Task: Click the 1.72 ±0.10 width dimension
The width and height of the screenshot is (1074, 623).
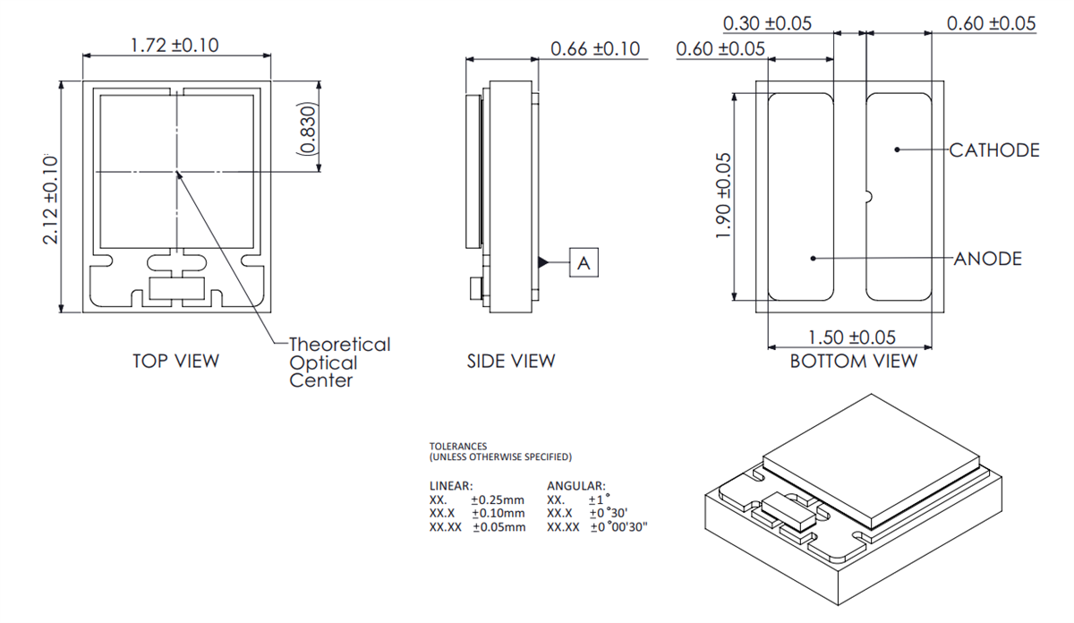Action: [x=175, y=45]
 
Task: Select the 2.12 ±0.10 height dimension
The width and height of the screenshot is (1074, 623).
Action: [x=50, y=199]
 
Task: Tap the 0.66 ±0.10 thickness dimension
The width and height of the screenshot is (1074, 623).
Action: [x=595, y=48]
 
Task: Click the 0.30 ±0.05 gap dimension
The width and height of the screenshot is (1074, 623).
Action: [x=766, y=23]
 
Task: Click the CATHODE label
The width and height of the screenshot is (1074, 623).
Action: [x=994, y=150]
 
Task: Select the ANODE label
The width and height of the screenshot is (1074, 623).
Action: [x=988, y=259]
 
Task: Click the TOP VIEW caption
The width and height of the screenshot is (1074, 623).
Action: [x=175, y=361]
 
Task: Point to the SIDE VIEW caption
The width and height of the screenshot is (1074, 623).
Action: [x=510, y=362]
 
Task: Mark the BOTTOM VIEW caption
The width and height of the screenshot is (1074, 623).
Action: [x=853, y=361]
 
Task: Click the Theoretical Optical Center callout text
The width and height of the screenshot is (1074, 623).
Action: [x=339, y=363]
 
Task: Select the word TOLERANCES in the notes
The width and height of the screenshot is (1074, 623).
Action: [x=458, y=445]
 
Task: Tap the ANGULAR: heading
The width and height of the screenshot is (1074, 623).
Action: [x=575, y=485]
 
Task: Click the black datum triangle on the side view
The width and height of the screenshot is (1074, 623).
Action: [x=542, y=262]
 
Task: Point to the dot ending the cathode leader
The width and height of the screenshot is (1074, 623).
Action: [x=897, y=150]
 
